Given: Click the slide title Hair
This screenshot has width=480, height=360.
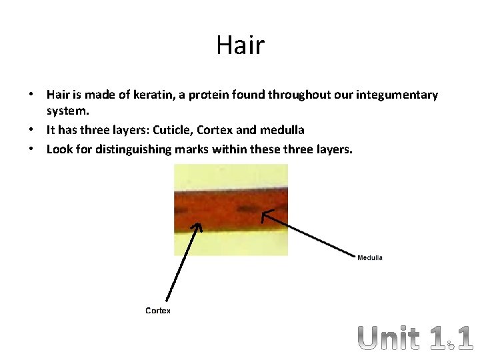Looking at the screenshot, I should tap(240, 45).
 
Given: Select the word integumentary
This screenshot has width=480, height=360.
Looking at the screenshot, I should tap(398, 95).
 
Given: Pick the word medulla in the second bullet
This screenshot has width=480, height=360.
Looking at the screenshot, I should tap(285, 129).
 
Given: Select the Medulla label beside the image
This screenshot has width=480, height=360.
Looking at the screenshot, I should tap(370, 258).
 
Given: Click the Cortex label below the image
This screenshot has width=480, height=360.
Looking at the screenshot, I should tap(158, 311).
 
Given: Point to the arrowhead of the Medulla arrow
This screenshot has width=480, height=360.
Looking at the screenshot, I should tap(264, 213).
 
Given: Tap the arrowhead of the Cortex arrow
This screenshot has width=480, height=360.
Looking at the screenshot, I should tap(197, 226).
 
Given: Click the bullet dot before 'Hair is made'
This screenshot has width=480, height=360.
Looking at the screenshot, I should tap(32, 95).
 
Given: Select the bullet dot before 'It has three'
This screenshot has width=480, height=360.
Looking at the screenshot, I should tap(32, 130).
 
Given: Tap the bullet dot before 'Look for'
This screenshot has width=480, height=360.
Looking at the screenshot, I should tap(32, 149).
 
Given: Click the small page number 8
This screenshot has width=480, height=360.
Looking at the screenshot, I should tap(451, 345).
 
